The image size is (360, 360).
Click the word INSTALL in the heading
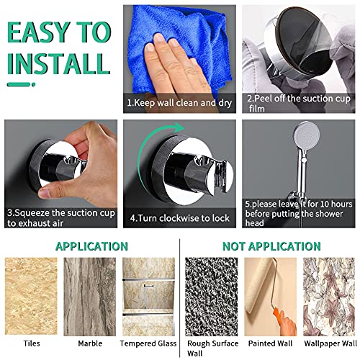coord(58,63)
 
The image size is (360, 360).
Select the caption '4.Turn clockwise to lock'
coord(180,218)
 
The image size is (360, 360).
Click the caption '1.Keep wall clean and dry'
coord(179,103)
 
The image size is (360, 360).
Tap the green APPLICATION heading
coord(91,246)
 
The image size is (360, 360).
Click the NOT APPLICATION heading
coord(271,246)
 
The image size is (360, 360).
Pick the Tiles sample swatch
coord(31,296)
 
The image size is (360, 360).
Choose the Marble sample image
coord(90,297)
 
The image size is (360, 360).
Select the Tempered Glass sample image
coord(149,297)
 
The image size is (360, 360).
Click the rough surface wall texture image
coord(212,297)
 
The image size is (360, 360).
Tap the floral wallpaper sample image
coord(329,297)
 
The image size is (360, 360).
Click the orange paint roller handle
coord(281,318)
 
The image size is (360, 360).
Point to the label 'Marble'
coord(90,343)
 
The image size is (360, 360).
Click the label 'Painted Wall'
coord(270,343)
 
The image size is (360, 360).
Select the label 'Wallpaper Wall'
coord(330,343)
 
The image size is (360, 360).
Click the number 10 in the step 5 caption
coord(325,204)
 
